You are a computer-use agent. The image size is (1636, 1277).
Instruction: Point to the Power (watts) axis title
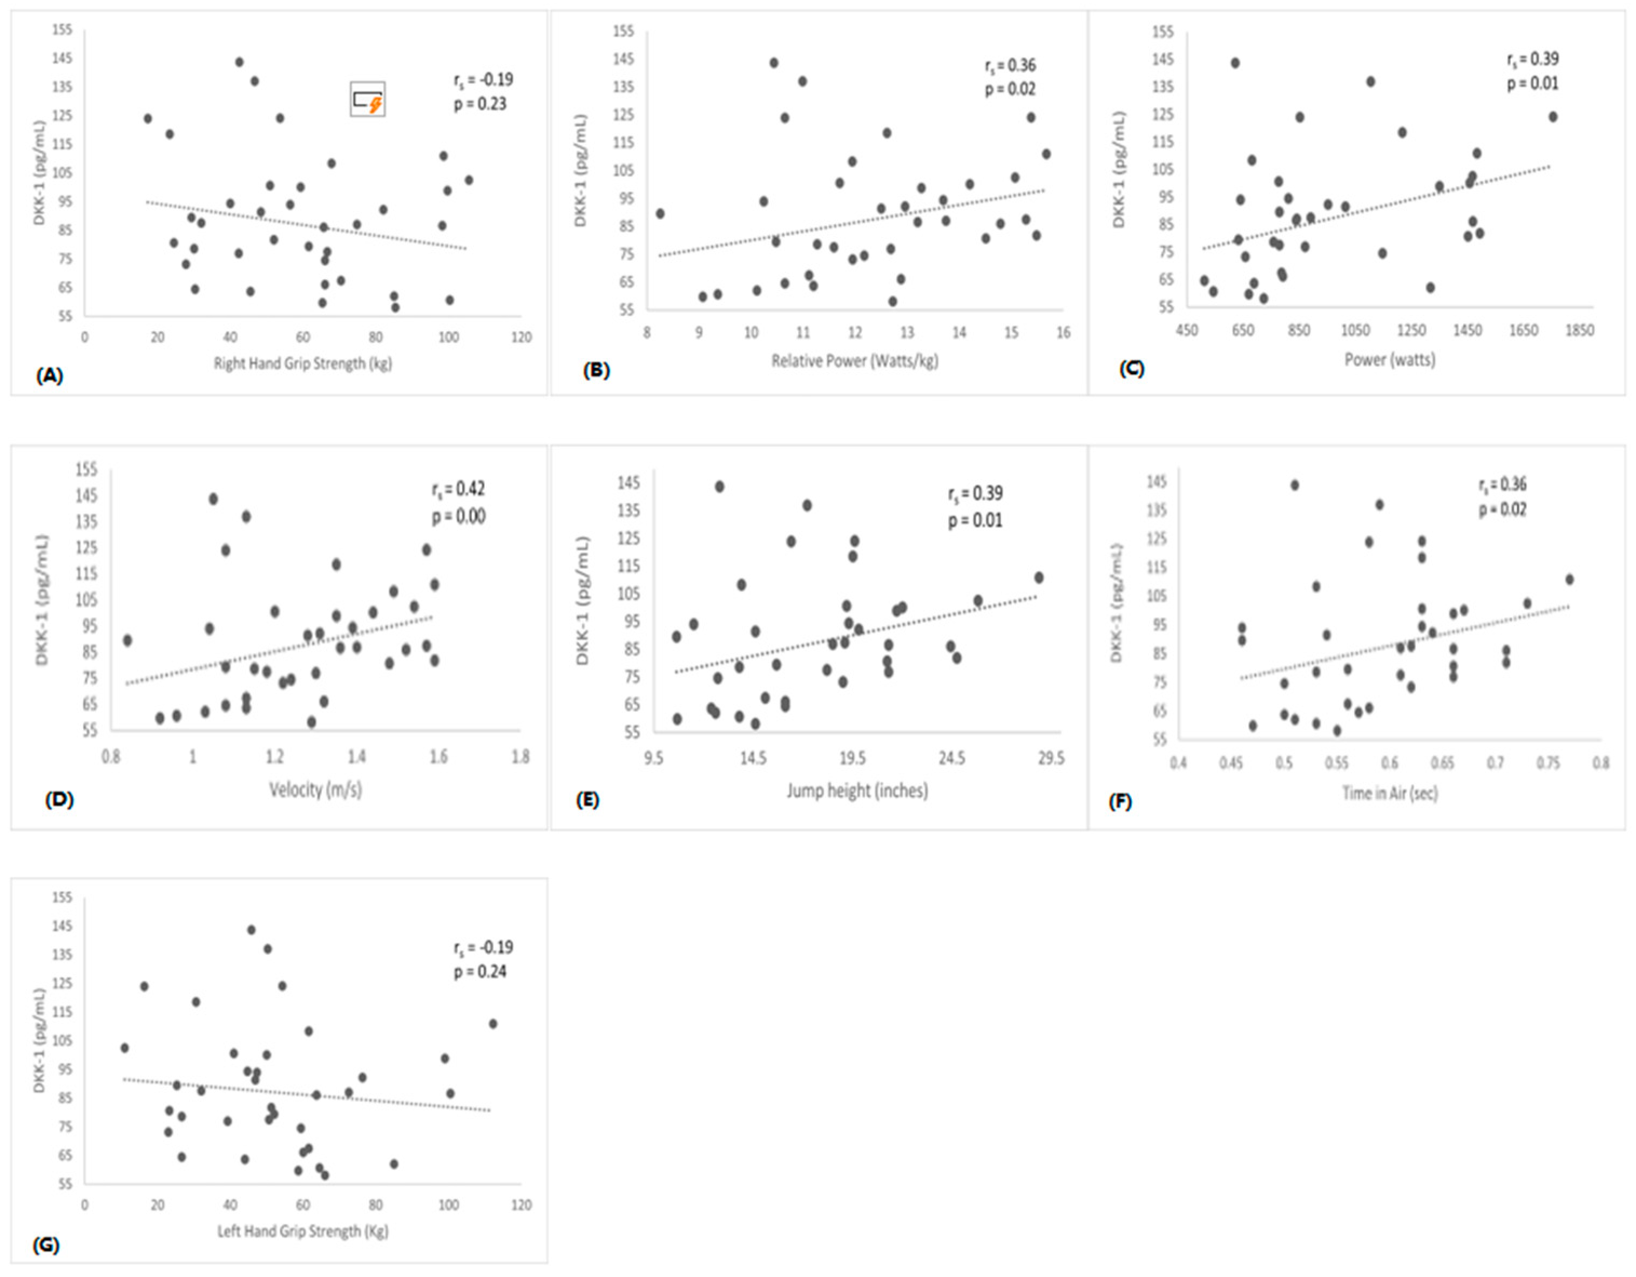[1390, 360]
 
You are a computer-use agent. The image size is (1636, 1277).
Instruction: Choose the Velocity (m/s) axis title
[315, 789]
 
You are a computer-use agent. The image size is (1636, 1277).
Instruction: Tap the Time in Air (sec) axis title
[1390, 793]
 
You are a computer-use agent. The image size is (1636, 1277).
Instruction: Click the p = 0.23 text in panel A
[479, 104]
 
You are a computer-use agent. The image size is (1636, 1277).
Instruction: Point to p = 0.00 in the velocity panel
[458, 516]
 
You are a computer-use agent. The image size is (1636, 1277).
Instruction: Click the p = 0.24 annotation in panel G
[479, 972]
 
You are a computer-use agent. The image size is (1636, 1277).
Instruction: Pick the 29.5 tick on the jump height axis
[1050, 759]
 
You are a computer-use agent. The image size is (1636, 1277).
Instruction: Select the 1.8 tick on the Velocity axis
[520, 757]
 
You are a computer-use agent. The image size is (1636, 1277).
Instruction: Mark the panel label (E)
[586, 801]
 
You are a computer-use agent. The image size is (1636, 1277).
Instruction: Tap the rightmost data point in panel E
[1039, 577]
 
